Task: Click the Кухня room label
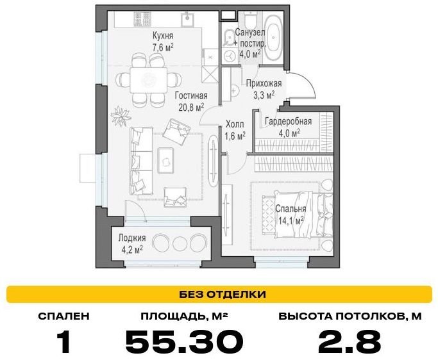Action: click(x=163, y=36)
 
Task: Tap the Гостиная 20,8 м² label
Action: click(x=191, y=101)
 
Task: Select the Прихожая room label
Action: click(x=264, y=83)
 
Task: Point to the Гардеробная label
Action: click(x=289, y=122)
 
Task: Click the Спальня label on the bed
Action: click(x=291, y=208)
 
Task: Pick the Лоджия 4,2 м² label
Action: click(x=132, y=243)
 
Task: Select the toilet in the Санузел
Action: click(x=250, y=20)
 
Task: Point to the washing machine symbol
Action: click(x=230, y=56)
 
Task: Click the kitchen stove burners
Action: click(x=142, y=19)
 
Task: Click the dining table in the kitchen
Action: click(x=148, y=80)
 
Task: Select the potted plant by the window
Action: click(x=121, y=116)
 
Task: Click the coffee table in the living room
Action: click(x=166, y=160)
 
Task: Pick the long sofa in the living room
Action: click(x=141, y=161)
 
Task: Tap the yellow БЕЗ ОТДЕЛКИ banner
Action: click(x=219, y=294)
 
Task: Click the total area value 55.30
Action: click(x=184, y=341)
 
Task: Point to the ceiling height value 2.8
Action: click(x=350, y=341)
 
